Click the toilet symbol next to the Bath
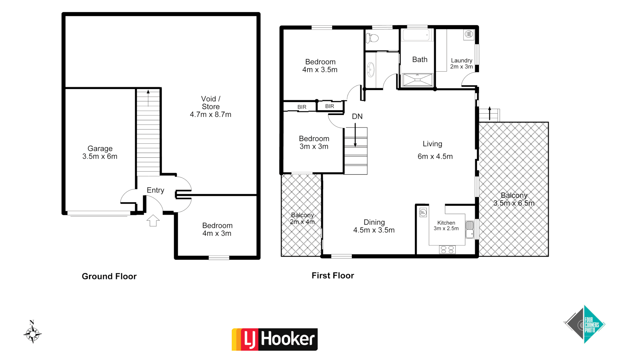[x=372, y=38]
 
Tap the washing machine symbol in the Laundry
[x=469, y=34]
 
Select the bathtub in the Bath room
[x=416, y=35]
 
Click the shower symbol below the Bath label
[x=417, y=80]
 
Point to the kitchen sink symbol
[x=470, y=229]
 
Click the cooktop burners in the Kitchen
[x=447, y=249]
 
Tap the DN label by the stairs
[x=357, y=116]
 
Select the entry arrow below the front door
[x=153, y=220]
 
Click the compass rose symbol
[x=32, y=333]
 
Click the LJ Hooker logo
[x=274, y=339]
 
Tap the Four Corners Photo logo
[x=584, y=324]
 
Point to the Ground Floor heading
[x=109, y=276]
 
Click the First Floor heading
[x=333, y=275]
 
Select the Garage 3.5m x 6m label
[x=100, y=152]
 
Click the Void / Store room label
[x=210, y=107]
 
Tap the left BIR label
[x=302, y=107]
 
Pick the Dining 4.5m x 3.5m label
[x=374, y=226]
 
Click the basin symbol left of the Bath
[x=371, y=70]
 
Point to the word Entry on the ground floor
[x=155, y=190]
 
